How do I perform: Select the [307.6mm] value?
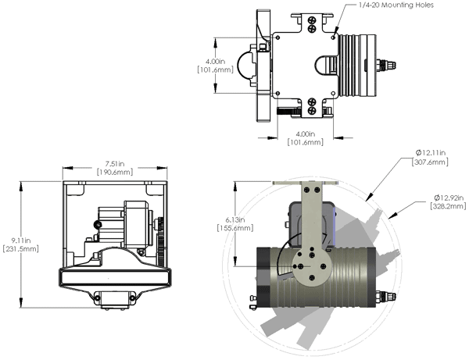(430, 162)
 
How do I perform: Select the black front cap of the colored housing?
(264, 275)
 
